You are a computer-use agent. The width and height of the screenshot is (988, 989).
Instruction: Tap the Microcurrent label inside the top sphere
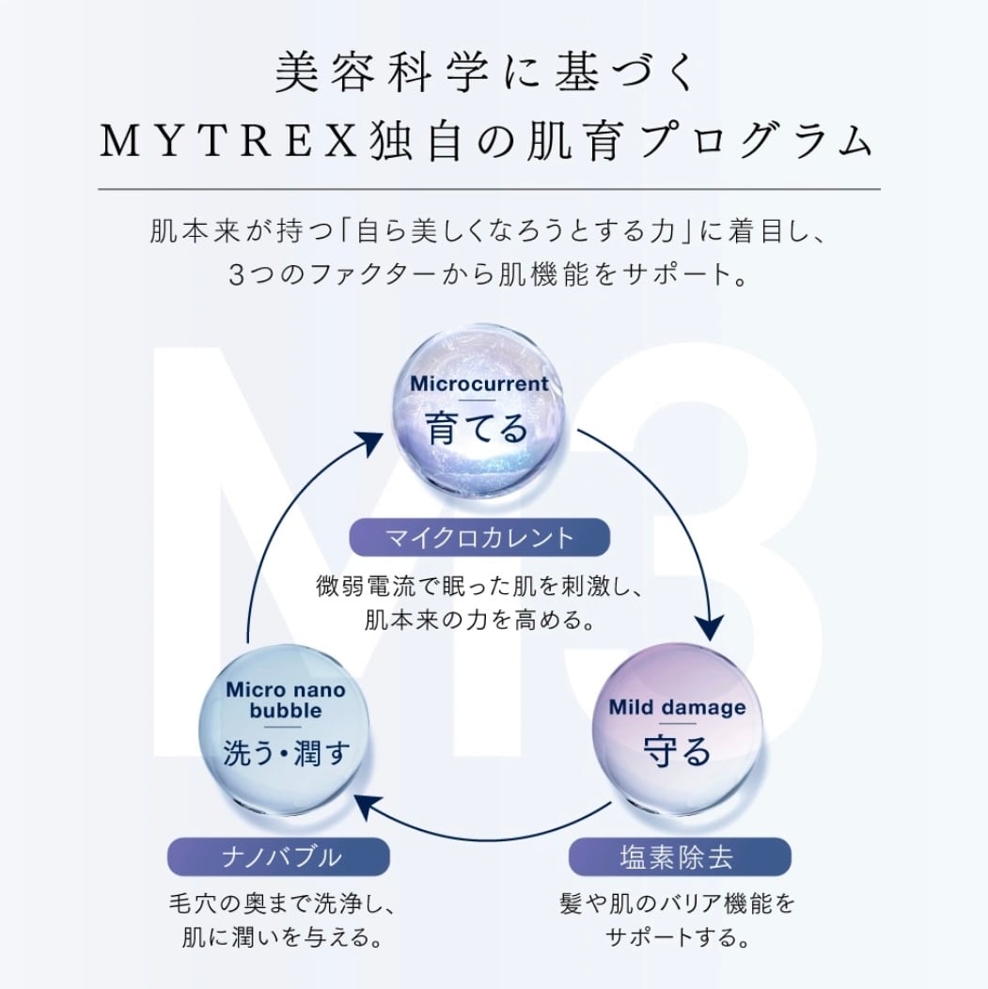(x=479, y=385)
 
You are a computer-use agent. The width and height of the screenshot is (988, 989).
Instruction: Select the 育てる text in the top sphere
(x=478, y=429)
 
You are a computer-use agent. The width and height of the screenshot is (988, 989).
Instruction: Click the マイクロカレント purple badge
(x=479, y=538)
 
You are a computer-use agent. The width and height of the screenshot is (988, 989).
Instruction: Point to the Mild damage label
(x=677, y=707)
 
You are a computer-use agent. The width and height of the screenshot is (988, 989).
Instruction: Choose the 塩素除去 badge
(x=678, y=857)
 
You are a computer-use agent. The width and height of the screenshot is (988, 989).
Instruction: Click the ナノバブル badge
(x=278, y=857)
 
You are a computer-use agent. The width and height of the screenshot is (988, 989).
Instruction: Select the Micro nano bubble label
(x=286, y=700)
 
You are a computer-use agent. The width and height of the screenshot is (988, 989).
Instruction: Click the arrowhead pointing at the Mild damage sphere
(x=711, y=623)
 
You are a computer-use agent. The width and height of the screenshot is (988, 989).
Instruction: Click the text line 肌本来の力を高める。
(x=479, y=621)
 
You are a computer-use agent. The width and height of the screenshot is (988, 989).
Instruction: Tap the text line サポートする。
(x=678, y=937)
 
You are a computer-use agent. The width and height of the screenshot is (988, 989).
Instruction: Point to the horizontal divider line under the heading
(x=489, y=190)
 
